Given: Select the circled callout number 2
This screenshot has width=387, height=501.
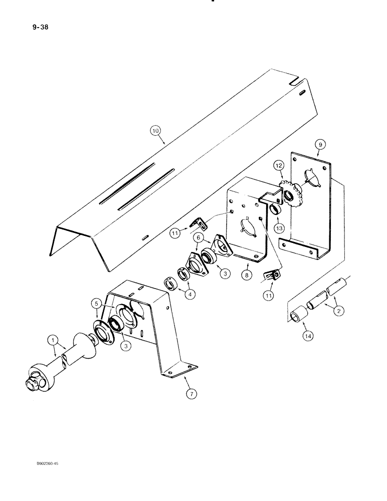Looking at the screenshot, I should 340,311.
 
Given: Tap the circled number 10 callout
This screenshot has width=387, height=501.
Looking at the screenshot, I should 156,131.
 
